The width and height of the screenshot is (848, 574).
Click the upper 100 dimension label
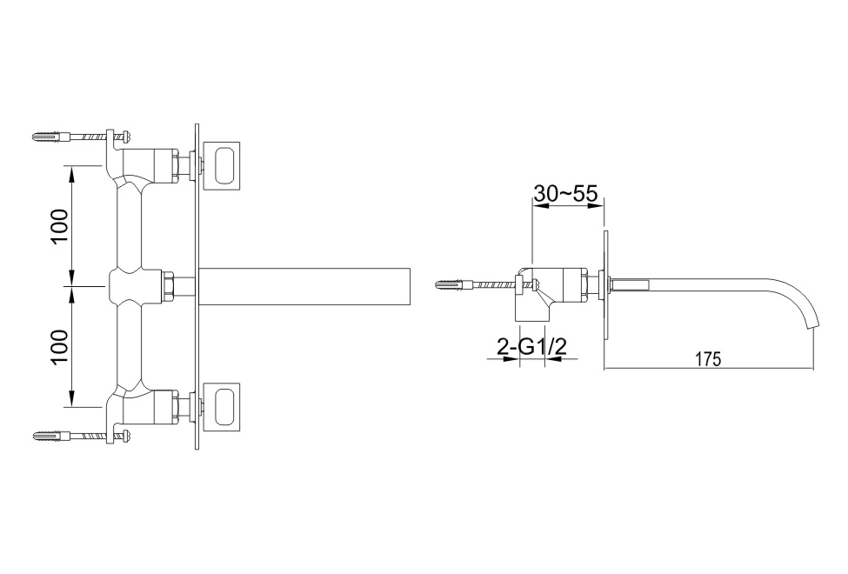coord(60,226)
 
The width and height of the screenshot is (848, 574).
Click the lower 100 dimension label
coord(60,347)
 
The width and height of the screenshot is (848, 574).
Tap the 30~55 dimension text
coord(565,193)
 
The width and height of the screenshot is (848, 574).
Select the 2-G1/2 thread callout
coord(531,346)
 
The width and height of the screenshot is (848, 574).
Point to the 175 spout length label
coord(708,359)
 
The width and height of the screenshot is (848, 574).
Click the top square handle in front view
coord(221,165)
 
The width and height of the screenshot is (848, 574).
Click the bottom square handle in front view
coord(221,407)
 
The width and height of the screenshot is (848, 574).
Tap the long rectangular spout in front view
coord(305,286)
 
